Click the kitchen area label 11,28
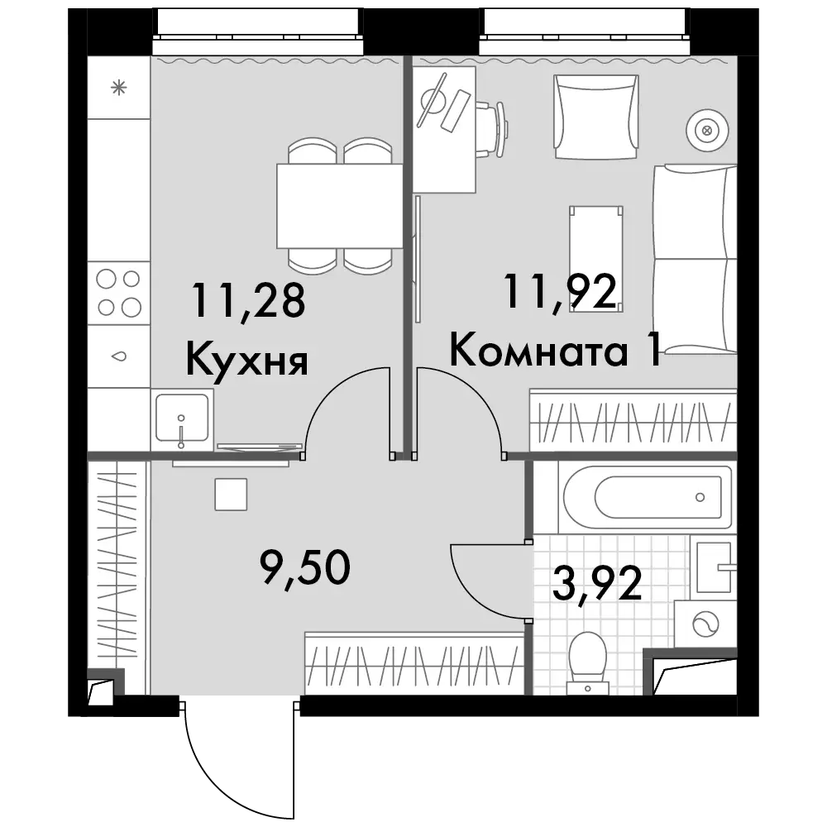pos(248,301)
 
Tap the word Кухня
pos(246,360)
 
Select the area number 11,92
pos(560,292)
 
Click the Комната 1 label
pos(556,350)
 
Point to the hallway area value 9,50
pos(305,567)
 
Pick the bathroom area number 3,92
pos(597,583)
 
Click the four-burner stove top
pos(118,293)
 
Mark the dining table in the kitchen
pos(339,206)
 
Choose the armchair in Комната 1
pos(596,117)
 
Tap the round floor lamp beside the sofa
pos(707,131)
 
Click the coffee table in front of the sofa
pos(596,258)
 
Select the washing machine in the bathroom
pos(705,624)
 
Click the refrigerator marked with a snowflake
pos(118,88)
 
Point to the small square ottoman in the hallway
pos(231,495)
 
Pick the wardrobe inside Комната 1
pos(633,421)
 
